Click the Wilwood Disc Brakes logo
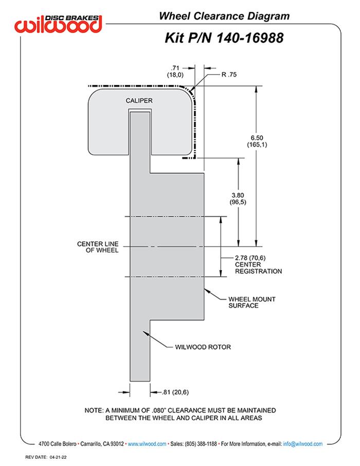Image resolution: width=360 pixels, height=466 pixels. click(58, 23)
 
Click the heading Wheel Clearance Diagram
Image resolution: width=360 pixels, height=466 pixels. click(224, 16)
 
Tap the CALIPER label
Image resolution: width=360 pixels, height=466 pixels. click(139, 101)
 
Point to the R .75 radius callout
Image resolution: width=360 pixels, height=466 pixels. click(228, 75)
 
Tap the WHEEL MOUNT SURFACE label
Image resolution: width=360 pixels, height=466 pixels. click(243, 302)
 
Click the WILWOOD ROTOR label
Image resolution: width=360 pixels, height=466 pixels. click(199, 347)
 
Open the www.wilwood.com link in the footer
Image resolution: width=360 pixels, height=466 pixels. click(147, 443)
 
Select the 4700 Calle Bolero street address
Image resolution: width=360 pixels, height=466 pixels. click(58, 443)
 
